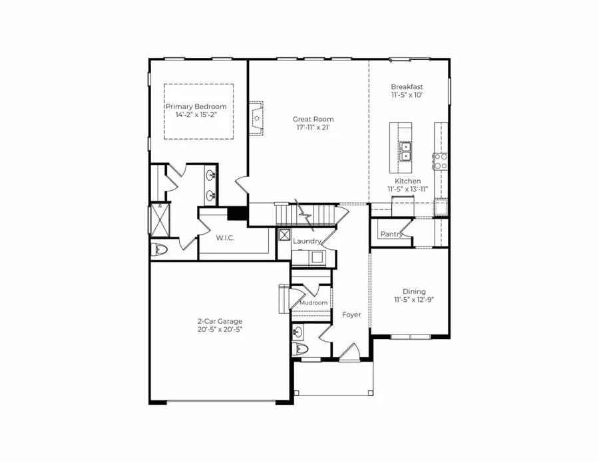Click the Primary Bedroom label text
click(196, 106)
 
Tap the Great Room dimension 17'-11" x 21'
click(313, 128)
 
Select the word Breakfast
click(407, 87)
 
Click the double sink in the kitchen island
click(405, 152)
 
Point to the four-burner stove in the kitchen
click(440, 160)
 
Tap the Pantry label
click(391, 234)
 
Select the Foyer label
click(351, 314)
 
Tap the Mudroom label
click(313, 303)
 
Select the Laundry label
click(307, 241)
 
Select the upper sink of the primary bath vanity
click(211, 176)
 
